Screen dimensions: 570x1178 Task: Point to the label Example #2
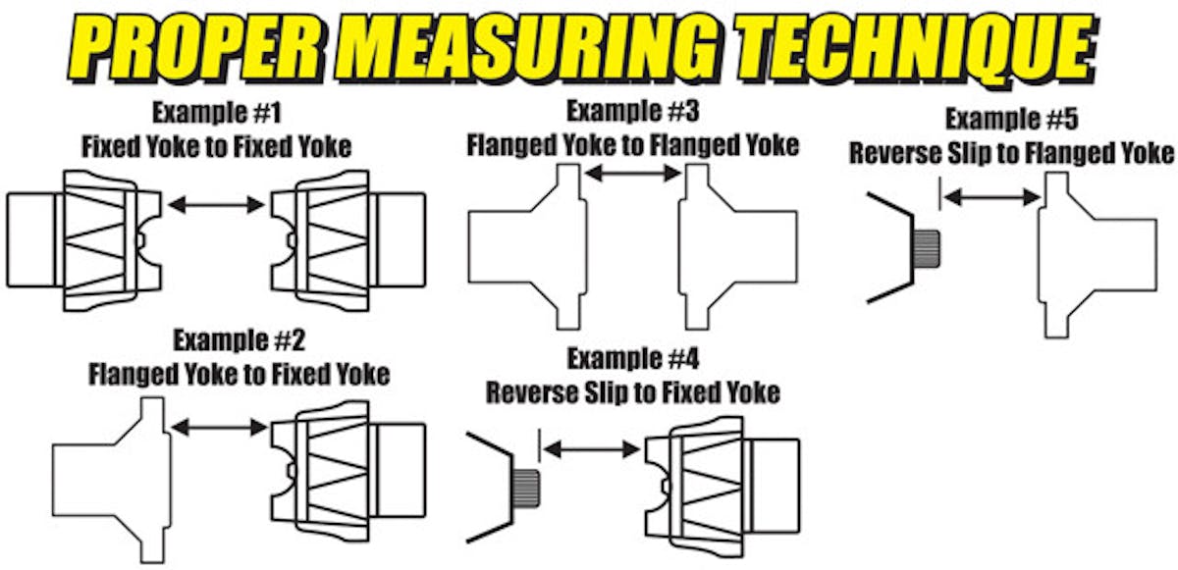point(240,342)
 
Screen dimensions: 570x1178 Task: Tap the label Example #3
point(632,110)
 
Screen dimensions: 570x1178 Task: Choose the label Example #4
point(633,358)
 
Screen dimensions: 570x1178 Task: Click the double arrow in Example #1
point(216,205)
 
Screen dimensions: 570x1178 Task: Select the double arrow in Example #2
point(219,427)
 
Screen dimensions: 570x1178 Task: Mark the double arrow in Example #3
point(632,174)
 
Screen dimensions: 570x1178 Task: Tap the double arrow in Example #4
point(592,449)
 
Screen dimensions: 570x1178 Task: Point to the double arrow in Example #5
point(992,197)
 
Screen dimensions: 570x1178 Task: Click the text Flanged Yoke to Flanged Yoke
point(632,145)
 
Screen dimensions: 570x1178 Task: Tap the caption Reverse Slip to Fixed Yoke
point(633,392)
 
